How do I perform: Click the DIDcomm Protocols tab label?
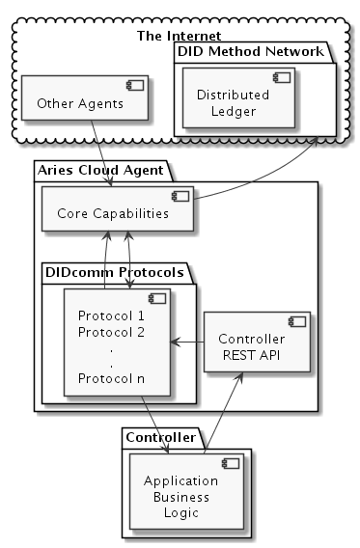pyautogui.click(x=117, y=274)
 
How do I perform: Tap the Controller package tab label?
pyautogui.click(x=160, y=437)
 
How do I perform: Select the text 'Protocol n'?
pyautogui.click(x=111, y=377)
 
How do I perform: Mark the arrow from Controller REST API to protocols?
pyautogui.click(x=187, y=341)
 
